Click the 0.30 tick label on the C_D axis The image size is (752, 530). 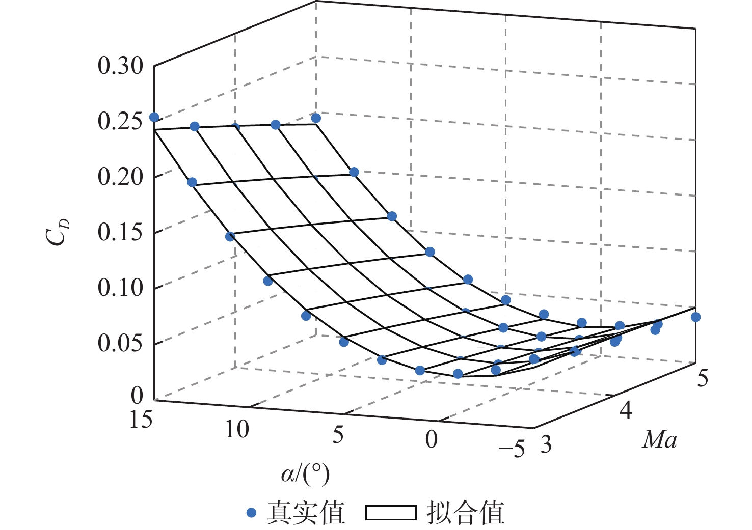click(120, 66)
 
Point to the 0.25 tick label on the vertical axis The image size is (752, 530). click(120, 122)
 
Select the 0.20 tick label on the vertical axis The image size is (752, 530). click(120, 177)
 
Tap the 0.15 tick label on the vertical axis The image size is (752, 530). click(120, 233)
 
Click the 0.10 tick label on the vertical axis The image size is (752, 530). click(120, 288)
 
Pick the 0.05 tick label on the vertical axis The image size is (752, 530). click(120, 344)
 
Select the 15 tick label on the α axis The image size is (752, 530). click(141, 421)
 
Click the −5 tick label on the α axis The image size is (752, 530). click(512, 450)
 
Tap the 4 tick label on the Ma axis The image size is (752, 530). click(626, 410)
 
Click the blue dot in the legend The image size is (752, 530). click(251, 513)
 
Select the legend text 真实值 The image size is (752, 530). click(306, 513)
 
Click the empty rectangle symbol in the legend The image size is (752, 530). click(391, 513)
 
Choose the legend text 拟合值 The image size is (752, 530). click(465, 513)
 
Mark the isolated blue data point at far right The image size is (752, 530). click(695, 317)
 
